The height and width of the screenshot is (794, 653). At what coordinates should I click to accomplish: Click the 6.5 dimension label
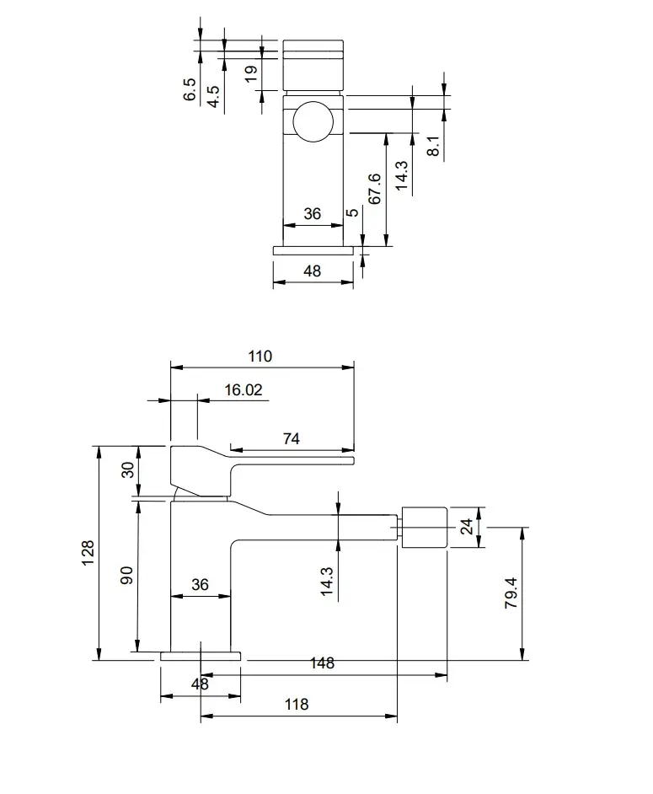click(190, 89)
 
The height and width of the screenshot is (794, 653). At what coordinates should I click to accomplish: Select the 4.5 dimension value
click(214, 96)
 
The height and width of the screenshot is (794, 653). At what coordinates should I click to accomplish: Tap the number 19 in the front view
click(251, 73)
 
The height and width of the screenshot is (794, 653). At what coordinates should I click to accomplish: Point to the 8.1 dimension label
click(433, 146)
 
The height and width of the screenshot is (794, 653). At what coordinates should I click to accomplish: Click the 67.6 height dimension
click(375, 189)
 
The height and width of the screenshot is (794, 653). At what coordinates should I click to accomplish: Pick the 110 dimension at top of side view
click(260, 357)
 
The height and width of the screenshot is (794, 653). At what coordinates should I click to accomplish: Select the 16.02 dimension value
click(244, 390)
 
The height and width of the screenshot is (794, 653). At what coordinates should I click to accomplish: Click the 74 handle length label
click(291, 438)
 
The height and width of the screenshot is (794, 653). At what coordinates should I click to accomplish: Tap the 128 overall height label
click(88, 553)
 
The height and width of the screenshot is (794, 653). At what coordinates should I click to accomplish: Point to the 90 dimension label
click(126, 575)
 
